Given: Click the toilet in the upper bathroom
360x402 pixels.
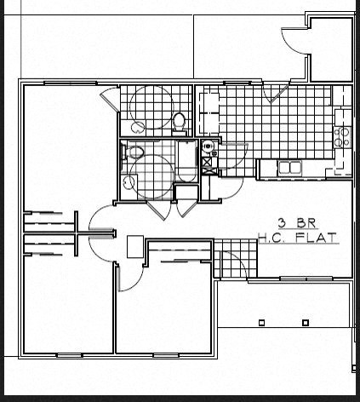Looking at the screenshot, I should (179, 122).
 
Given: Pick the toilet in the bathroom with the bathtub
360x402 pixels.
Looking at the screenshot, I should (134, 153).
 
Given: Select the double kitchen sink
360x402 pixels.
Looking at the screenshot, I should (289, 168).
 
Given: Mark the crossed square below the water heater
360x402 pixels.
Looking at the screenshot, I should (207, 161).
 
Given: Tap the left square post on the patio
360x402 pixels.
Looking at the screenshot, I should (262, 323).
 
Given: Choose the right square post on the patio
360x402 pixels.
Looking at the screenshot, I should (306, 323).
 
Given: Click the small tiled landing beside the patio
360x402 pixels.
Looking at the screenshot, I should (231, 259).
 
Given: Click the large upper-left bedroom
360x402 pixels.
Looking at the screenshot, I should (64, 145).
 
